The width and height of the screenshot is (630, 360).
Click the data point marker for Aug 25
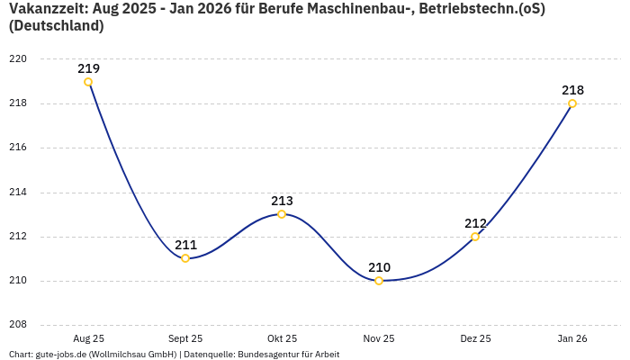pos(88,82)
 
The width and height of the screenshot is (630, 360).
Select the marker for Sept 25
pos(185,258)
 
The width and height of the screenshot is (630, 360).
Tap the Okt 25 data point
pos(282,214)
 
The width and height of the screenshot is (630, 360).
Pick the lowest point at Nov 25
pos(379,281)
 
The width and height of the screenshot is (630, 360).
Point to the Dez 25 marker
pos(475,237)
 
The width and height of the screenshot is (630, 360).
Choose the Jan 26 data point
pos(572,103)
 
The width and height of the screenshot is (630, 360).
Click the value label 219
pos(88,68)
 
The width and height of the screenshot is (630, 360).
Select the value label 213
pos(282,201)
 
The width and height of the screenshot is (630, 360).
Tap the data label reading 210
pos(379,267)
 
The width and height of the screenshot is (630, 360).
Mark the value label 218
pos(572,90)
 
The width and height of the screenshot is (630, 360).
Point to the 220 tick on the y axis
pos(18,59)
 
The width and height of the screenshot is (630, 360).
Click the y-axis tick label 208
pos(18,325)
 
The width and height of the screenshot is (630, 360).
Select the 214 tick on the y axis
pos(18,192)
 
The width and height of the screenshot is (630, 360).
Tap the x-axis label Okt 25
pos(282,338)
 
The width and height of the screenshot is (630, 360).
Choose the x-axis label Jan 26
pos(572,338)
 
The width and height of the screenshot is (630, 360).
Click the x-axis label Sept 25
pos(185,338)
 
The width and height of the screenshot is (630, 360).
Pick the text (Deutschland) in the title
pos(56,26)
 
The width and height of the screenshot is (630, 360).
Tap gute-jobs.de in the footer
pos(60,355)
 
